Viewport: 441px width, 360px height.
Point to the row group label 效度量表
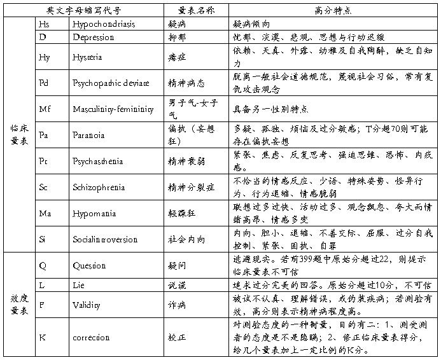coord(18,305)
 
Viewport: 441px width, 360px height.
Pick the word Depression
coord(94,38)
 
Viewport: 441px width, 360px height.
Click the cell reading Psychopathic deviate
coord(111,83)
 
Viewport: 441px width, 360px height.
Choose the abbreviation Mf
coord(45,109)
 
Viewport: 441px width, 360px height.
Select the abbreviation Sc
coord(43,188)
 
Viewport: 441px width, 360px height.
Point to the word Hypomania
coord(94,214)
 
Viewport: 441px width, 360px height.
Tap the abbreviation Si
coord(43,240)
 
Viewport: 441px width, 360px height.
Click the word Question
coord(90,266)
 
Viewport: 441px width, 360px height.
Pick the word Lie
coord(79,286)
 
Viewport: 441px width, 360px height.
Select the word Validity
coord(87,306)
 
